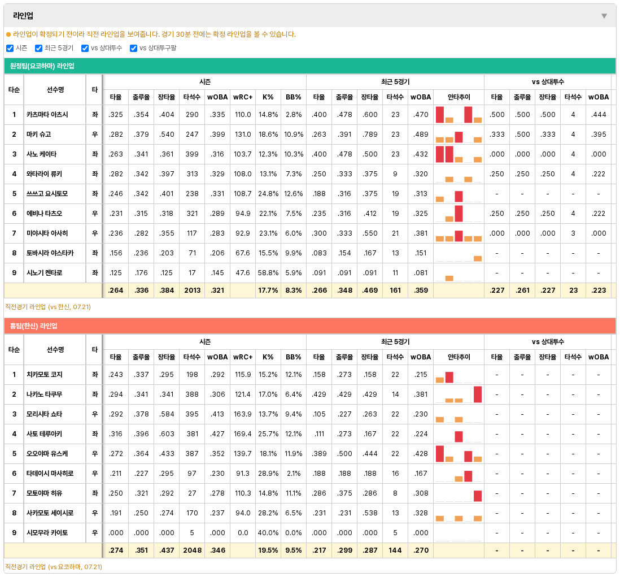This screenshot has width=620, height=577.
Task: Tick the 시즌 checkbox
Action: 10,48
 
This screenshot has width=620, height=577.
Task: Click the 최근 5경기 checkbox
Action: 38,48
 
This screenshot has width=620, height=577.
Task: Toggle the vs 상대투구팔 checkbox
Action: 133,48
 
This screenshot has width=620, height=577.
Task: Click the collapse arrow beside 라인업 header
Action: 604,16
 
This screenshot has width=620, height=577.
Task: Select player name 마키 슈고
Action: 39,135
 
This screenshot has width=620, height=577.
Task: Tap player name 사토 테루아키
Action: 44,434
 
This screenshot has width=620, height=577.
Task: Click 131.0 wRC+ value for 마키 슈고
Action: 243,135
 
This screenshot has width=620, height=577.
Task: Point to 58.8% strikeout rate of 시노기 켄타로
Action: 268,273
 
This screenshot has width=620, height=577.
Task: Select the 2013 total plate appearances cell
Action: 192,290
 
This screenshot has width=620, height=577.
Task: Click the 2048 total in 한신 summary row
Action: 192,550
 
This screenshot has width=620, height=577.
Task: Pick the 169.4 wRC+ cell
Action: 243,434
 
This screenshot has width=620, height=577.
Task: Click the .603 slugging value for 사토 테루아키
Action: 167,434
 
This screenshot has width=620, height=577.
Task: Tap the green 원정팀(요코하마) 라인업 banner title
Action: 42,66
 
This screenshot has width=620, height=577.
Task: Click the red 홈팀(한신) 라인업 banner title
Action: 34,326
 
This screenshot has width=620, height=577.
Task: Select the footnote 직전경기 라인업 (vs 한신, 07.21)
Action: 48,307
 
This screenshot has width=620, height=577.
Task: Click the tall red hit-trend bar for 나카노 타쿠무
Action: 478,394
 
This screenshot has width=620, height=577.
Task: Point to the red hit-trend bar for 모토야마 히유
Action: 478,496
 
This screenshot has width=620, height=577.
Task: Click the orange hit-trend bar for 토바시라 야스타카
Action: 478,259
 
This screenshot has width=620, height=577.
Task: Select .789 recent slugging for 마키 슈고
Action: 370,135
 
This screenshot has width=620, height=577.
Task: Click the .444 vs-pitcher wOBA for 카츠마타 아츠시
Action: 599,115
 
